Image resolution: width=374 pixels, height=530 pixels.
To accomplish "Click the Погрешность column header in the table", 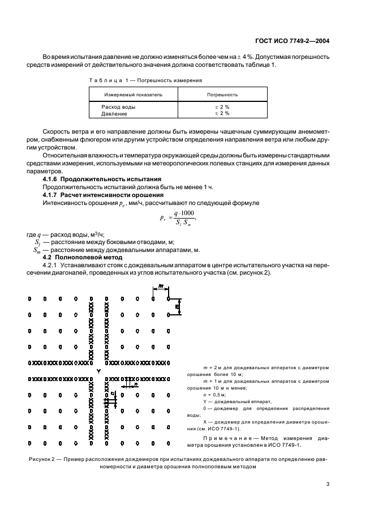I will point(221,95).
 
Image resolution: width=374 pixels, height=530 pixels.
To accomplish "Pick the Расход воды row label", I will point(118,106).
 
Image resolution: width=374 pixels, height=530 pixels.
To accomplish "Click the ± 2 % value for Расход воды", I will point(221,106).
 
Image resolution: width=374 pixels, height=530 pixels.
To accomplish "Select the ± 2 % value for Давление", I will point(221,113).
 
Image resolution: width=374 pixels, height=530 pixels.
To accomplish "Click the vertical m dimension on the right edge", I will point(177,306).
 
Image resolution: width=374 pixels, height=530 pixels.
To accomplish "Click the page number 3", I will point(328,484).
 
